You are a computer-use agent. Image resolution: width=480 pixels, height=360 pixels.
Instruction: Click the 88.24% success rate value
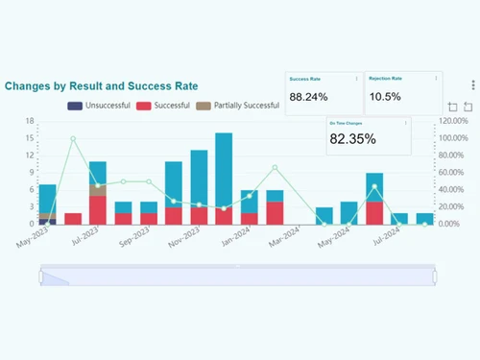pos(309,97)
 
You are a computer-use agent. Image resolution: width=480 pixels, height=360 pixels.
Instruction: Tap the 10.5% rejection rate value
pos(385,97)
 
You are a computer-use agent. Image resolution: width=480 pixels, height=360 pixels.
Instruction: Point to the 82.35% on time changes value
pos(352,139)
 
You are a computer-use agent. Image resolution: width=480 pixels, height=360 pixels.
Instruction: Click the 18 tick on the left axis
pos(31,121)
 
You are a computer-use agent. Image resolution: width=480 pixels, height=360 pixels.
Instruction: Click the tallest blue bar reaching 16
pos(224,173)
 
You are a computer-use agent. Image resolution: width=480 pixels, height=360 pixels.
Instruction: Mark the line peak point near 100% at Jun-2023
pos(72,138)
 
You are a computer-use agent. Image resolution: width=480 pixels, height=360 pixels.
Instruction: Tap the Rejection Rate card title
pos(384,78)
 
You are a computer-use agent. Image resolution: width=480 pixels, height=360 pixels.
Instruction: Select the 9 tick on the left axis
pos(31,173)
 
